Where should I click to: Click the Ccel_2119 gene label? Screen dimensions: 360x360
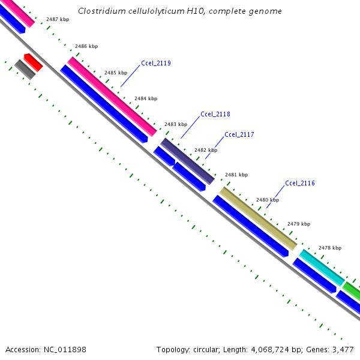pos(156,63)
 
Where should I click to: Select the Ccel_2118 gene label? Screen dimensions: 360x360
pos(215,114)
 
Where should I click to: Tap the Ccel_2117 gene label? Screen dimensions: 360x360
pos(239,134)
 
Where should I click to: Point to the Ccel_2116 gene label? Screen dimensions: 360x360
pos(300,183)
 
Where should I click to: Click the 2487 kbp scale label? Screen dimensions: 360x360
pos(57,20)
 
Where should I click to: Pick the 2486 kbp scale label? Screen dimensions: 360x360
pos(86,46)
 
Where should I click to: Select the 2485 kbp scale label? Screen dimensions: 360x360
pos(116,73)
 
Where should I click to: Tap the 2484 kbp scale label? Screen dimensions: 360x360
pos(146,98)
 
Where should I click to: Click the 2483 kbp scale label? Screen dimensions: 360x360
pos(176,124)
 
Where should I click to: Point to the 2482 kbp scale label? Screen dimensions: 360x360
pos(206,150)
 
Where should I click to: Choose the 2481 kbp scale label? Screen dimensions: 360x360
pos(236,175)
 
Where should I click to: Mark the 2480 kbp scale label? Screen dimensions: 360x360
pos(268,200)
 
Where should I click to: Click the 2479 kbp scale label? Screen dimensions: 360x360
pos(299,224)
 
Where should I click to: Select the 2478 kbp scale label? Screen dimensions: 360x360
pos(330,248)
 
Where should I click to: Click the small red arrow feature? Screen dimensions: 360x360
pos(33,62)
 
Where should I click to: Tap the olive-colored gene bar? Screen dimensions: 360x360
pos(258,218)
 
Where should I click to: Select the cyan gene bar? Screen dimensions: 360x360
pos(322,268)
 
